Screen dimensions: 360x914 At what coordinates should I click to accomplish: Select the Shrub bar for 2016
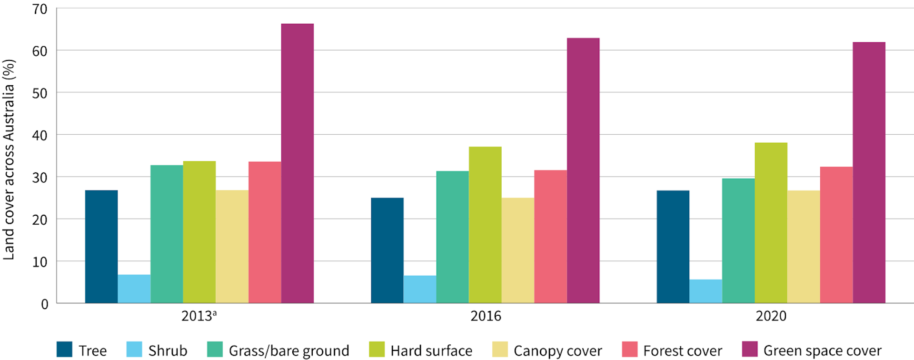[420, 289]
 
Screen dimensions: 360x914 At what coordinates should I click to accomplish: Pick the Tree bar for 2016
[387, 250]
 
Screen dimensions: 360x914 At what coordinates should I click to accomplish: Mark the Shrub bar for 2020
[705, 291]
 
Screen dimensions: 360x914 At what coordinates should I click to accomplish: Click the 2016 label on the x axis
[486, 316]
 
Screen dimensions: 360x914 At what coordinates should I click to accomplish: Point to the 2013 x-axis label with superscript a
[199, 316]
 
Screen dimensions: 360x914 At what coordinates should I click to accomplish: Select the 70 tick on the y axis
[40, 10]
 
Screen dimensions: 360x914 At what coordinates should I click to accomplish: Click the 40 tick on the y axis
[40, 135]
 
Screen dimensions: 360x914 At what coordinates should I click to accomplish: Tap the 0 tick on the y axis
[44, 304]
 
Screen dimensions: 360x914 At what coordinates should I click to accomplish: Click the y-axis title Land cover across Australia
[9, 160]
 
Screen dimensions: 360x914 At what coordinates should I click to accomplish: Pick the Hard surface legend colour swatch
[377, 350]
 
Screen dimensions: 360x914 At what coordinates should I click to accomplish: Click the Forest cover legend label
[682, 351]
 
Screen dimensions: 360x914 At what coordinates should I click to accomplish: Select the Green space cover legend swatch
[750, 350]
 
